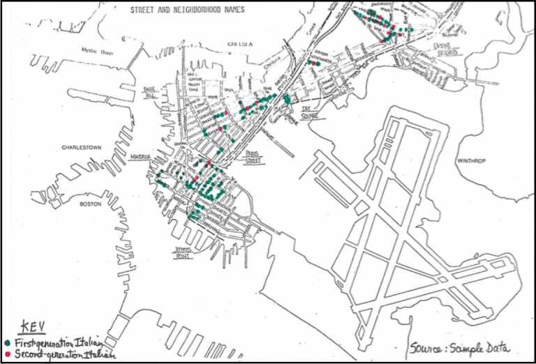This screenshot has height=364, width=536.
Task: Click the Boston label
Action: click(91, 204)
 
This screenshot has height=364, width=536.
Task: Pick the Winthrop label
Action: click(471, 160)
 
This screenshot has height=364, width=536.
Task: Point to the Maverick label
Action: click(141, 157)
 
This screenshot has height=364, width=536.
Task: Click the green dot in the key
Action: click(8, 343)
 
